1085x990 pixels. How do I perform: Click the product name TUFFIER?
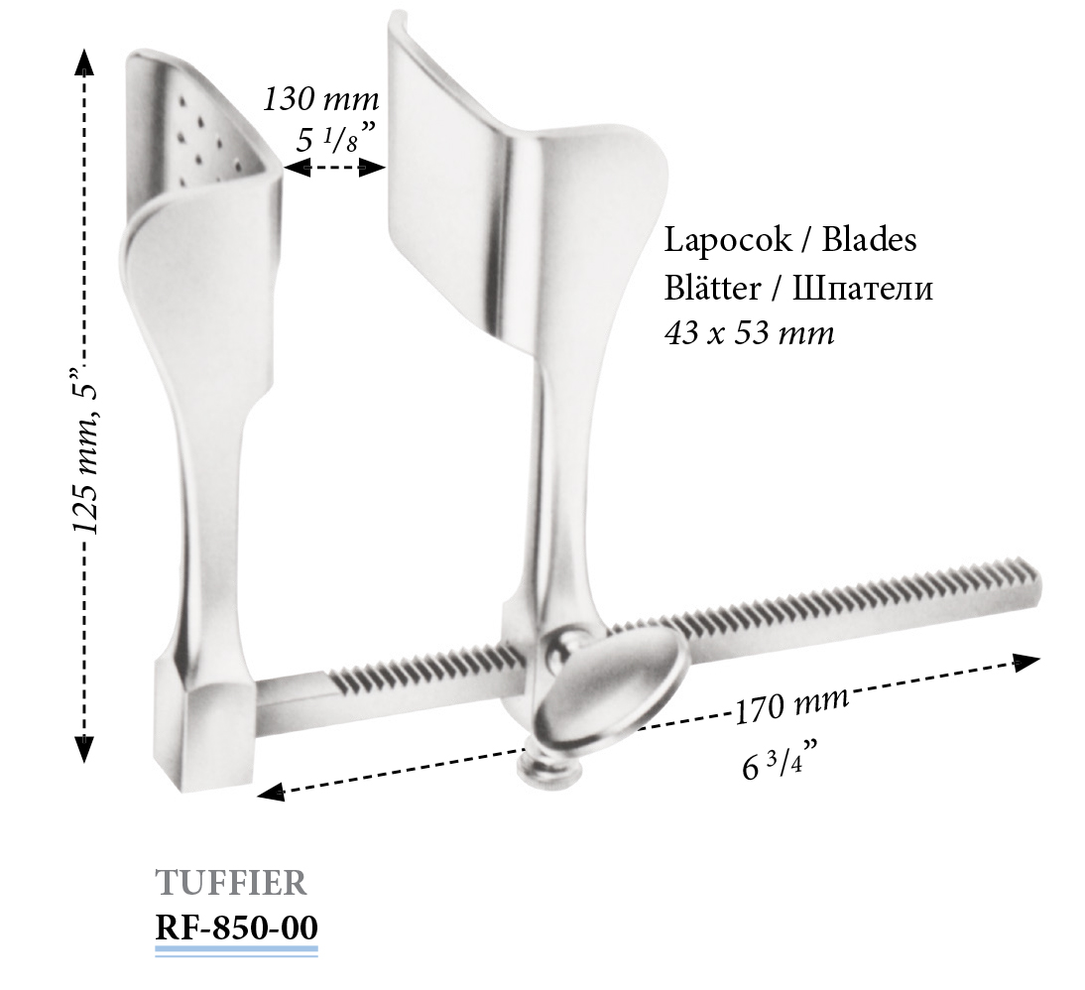(x=231, y=884)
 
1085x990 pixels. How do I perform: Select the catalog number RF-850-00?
(x=237, y=928)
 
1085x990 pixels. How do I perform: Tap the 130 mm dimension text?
(x=321, y=99)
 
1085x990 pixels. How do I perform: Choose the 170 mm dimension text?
(x=790, y=704)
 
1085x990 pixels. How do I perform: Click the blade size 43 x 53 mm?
(x=750, y=334)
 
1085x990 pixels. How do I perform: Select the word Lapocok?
(x=728, y=240)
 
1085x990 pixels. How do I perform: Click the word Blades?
(x=870, y=240)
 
